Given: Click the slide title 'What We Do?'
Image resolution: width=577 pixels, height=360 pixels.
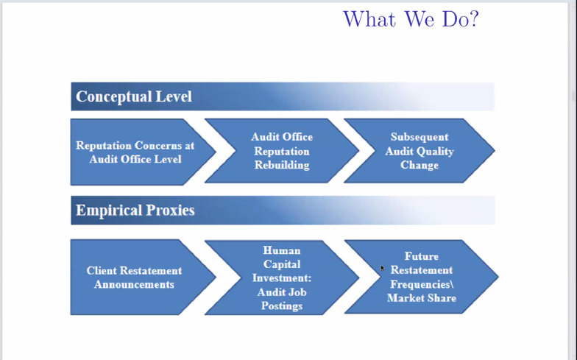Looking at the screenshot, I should click(x=411, y=18).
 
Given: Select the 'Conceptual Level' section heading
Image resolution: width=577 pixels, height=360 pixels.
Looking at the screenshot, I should click(x=134, y=96).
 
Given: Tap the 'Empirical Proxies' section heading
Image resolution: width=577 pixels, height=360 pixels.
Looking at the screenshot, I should click(x=135, y=211).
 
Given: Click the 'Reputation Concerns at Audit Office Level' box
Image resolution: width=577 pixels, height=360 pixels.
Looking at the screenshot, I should click(x=135, y=152).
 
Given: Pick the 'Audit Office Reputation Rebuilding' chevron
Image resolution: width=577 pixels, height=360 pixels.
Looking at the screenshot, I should click(x=282, y=151).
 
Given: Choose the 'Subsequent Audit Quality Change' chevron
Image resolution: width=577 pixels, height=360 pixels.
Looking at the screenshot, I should click(x=420, y=151).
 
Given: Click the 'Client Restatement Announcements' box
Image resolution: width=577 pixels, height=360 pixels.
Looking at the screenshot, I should click(x=134, y=278).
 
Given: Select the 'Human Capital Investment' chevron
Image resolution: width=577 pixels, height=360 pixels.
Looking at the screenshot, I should click(x=282, y=278).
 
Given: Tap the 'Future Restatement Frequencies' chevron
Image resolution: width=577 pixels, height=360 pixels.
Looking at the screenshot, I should click(x=422, y=278).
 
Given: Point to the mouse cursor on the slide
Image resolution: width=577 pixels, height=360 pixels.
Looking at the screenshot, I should click(x=382, y=268).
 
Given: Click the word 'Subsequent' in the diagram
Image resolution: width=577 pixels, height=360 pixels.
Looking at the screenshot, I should click(x=420, y=137).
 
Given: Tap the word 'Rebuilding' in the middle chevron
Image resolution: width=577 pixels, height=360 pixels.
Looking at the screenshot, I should click(x=282, y=165).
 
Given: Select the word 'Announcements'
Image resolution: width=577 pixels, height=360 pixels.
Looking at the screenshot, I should click(x=134, y=284).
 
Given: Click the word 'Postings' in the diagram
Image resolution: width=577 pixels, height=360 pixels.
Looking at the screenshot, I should click(x=282, y=306).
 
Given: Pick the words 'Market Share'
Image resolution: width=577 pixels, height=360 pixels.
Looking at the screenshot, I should click(x=422, y=298).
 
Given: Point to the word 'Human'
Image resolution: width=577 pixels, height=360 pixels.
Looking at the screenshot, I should click(x=282, y=250).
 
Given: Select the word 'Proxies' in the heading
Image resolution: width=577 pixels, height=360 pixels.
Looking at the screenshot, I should click(x=170, y=211).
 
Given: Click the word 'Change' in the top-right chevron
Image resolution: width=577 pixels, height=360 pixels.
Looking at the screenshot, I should click(x=420, y=165).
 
